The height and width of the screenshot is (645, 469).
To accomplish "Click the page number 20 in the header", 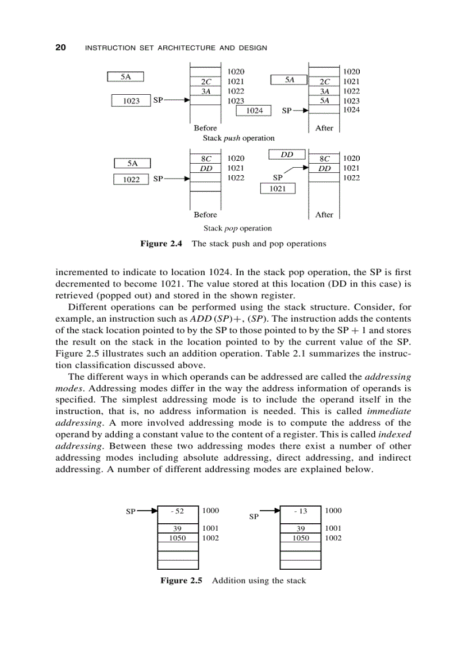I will pos(60,47).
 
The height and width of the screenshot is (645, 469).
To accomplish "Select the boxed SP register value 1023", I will pos(131,101).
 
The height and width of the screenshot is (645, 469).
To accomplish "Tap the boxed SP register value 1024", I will pos(254,110).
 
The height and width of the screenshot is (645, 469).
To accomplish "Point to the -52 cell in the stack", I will pos(178,511).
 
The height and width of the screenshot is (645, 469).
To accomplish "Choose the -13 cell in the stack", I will pos(300,511).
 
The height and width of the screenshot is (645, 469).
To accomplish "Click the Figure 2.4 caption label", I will pos(161,244).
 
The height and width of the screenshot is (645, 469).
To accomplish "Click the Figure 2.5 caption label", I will pos(182,581).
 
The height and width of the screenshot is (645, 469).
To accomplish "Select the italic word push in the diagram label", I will pos(231,138).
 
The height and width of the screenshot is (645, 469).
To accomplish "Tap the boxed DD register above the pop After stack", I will pos(287,155).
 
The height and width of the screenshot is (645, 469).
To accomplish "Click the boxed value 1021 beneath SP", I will pos(278,189).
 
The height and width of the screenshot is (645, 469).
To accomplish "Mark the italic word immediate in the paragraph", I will pos(389,411).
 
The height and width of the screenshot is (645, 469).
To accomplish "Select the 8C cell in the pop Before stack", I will pos(205,159).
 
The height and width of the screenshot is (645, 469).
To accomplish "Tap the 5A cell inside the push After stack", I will pos(325,101).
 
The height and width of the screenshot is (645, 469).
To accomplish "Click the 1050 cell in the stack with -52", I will pos(178,538).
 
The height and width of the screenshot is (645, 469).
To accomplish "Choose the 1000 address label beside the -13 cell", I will pos(333,511).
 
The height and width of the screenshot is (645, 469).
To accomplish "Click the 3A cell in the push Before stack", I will pos(205,91).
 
